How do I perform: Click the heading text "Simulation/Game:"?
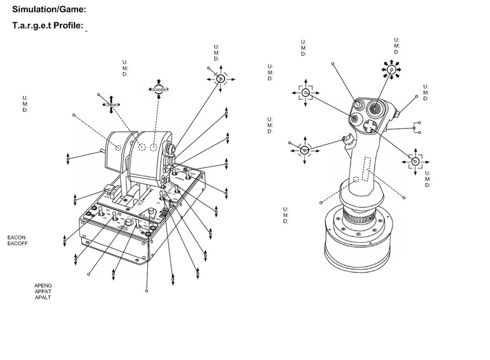click(x=49, y=9)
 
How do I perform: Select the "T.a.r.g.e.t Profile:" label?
click(x=48, y=25)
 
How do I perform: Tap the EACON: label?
click(x=17, y=237)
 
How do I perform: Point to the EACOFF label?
click(x=18, y=243)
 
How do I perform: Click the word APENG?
click(x=43, y=285)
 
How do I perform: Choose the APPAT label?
click(x=43, y=292)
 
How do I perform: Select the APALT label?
click(x=43, y=298)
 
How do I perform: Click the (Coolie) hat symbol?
click(x=159, y=89)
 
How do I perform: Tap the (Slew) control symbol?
click(x=111, y=104)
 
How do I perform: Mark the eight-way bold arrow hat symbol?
click(x=391, y=69)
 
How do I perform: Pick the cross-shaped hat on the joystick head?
click(x=369, y=126)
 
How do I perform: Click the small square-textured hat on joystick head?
click(x=355, y=119)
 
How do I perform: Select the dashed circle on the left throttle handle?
click(x=118, y=147)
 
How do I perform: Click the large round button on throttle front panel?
click(x=128, y=222)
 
